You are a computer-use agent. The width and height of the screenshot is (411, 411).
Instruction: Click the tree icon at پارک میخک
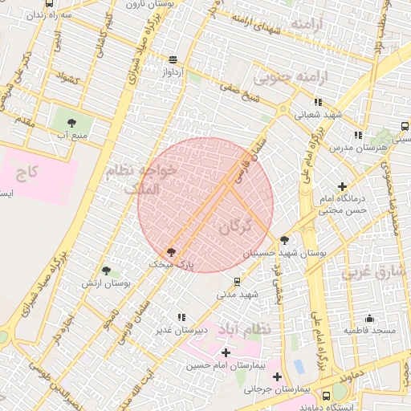170,252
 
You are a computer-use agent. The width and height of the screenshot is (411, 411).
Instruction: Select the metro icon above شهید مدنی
237,282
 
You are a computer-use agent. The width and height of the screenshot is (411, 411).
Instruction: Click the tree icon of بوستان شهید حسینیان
285,240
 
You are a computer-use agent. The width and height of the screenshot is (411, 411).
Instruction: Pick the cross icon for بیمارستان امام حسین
226,352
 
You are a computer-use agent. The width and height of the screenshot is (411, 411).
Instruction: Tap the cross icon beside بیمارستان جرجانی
277,376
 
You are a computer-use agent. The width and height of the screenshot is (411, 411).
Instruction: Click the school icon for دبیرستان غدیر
181,317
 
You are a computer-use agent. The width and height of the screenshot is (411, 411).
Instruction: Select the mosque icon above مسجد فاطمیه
369,318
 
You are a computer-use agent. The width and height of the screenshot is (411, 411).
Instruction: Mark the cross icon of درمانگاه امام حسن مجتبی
344,186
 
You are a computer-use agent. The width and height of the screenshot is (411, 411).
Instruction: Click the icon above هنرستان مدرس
357,135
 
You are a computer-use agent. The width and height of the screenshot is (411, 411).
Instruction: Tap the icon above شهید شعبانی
319,102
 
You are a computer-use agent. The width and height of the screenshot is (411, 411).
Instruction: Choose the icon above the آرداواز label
173,59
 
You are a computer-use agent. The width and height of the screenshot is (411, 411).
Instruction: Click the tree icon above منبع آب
72,123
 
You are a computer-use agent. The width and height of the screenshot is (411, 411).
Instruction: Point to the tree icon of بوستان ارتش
106,271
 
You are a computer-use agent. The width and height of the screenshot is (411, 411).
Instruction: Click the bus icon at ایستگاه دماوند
326,396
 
